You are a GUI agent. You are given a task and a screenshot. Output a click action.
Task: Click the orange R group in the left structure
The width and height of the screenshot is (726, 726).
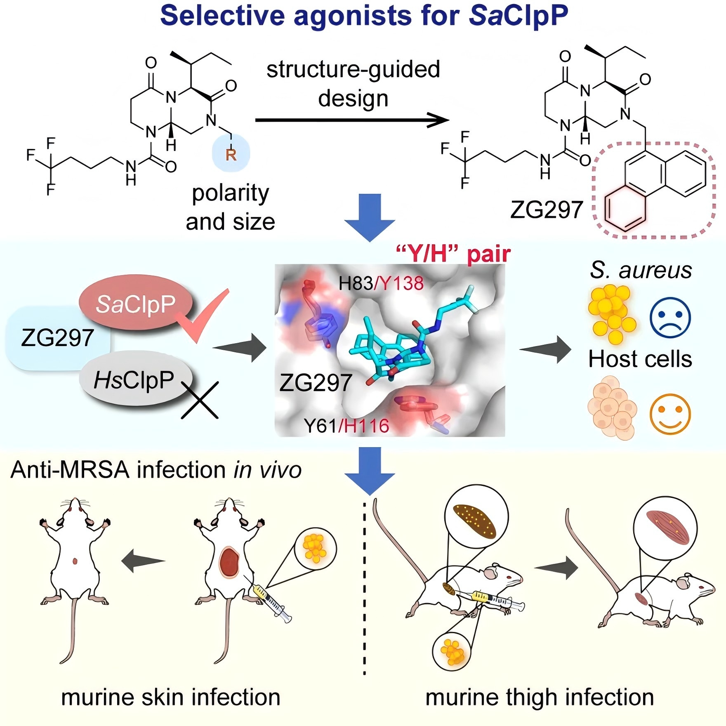click(x=231, y=155)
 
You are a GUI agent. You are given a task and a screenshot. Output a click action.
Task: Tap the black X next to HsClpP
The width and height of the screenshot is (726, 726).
click(x=200, y=400)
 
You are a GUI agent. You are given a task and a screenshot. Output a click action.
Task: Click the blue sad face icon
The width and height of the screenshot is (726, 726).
click(x=669, y=318)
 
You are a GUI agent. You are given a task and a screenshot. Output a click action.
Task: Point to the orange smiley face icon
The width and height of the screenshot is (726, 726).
click(x=669, y=414)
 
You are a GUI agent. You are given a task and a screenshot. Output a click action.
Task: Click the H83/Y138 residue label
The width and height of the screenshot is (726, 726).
click(x=381, y=283)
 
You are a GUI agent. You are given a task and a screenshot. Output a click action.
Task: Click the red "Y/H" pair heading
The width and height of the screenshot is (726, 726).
click(x=453, y=254)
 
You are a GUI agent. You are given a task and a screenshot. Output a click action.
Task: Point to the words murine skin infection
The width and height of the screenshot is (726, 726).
click(x=171, y=697)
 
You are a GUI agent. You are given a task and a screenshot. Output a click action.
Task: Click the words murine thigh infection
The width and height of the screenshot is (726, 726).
click(x=540, y=697)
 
